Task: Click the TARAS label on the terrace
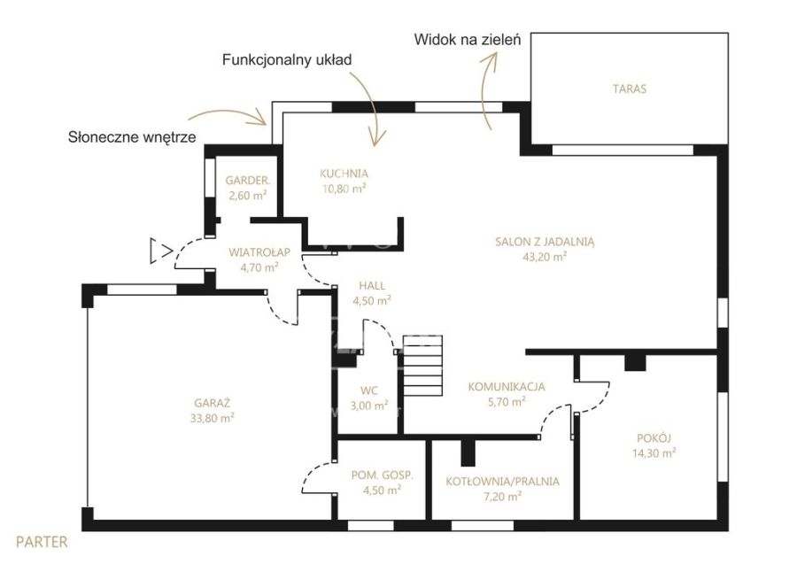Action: click(630, 89)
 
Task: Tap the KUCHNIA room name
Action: click(344, 174)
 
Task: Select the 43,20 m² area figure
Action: click(545, 257)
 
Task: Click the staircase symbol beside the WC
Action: click(423, 366)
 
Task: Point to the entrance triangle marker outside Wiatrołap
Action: click(160, 251)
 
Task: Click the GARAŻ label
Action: click(213, 404)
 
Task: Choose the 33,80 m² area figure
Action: click(213, 418)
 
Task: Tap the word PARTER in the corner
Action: click(42, 542)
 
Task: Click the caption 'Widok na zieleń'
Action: click(468, 40)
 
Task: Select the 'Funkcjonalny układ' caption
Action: click(287, 60)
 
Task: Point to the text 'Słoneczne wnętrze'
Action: click(132, 137)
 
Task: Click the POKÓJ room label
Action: click(654, 438)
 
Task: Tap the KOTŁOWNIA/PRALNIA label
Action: click(503, 482)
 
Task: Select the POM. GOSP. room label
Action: click(383, 475)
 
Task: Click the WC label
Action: click(369, 390)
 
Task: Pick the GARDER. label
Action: click(248, 181)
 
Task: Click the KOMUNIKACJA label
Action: click(507, 387)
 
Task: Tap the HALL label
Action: click(372, 286)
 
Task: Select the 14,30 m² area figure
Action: click(654, 452)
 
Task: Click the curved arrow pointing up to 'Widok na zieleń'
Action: click(484, 90)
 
